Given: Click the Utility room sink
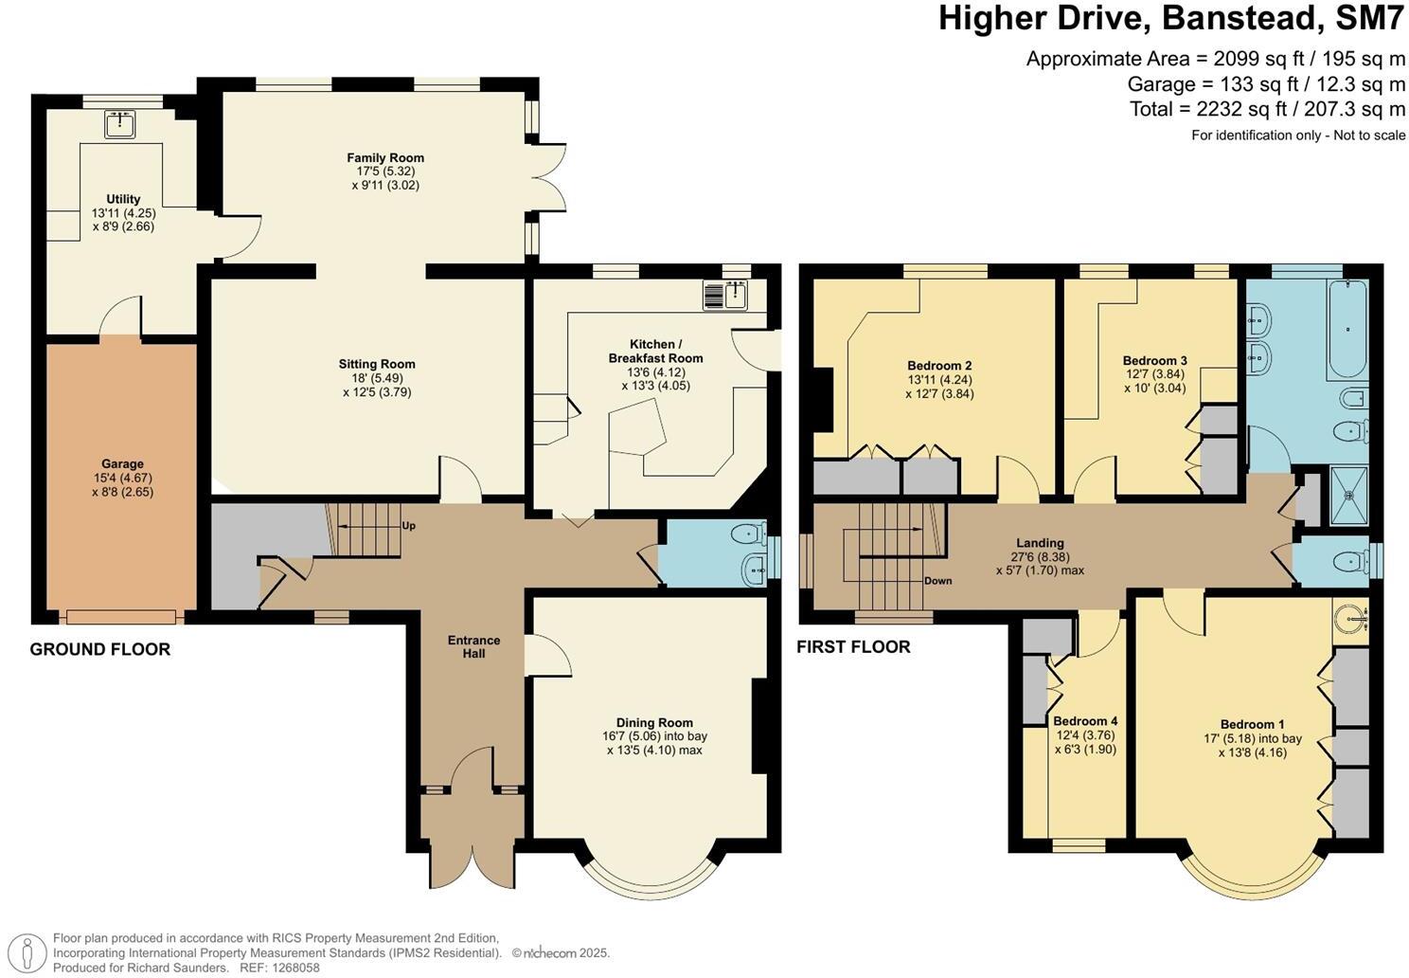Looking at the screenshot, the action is tap(119, 124).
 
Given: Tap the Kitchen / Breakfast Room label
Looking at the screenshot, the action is tap(655, 352).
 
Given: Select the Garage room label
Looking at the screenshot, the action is tap(123, 463).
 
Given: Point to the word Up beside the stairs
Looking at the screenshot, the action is tap(409, 526).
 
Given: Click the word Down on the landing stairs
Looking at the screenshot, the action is tap(937, 581).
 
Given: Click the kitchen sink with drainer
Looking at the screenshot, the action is tap(725, 295).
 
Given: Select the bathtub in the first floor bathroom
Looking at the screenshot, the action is tap(1347, 329).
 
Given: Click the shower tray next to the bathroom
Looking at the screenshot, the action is tap(1348, 496).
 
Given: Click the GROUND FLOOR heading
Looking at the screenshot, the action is tap(100, 649).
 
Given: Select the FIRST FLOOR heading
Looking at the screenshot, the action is tap(853, 647).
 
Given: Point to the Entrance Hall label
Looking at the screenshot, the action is tap(473, 647).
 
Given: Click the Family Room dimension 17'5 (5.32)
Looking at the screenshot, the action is tap(385, 172).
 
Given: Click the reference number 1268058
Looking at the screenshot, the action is tap(294, 968).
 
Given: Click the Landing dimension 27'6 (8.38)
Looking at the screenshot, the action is tap(1040, 557).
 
